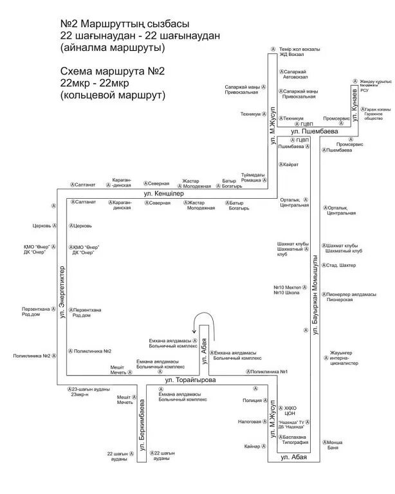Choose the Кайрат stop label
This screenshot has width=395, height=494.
[x=289, y=165]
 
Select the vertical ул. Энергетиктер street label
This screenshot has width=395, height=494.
[x=62, y=293]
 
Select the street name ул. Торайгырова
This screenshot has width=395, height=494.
[x=190, y=381]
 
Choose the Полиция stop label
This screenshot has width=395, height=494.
[x=252, y=399]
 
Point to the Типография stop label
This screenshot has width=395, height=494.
[x=296, y=443]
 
